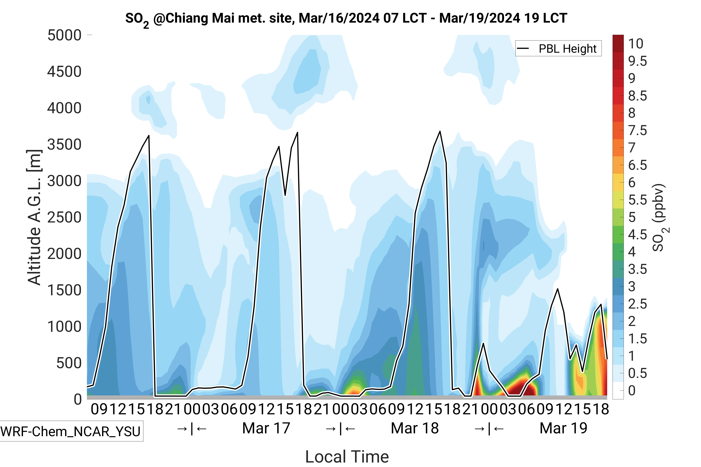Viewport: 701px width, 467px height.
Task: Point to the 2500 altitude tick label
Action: [64, 217]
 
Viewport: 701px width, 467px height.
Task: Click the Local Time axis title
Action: [347, 456]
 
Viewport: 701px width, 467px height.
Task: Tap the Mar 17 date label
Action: [266, 428]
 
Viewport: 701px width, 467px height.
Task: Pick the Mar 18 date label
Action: [415, 428]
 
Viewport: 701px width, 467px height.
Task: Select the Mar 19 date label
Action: [563, 428]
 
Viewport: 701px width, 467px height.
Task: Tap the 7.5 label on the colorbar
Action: [637, 130]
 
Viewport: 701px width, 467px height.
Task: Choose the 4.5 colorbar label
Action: [637, 235]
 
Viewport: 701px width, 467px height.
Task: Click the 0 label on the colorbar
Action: [632, 390]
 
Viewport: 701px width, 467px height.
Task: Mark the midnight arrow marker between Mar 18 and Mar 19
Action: [489, 429]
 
